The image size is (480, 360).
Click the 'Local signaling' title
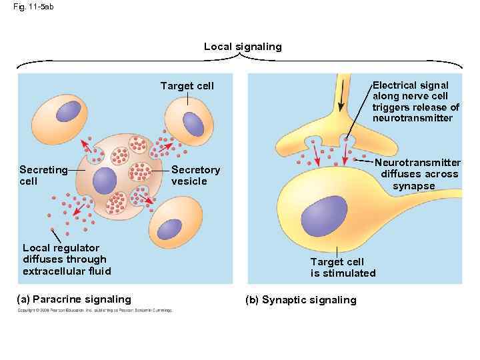pyautogui.click(x=243, y=47)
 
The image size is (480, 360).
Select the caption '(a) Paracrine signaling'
pyautogui.click(x=74, y=299)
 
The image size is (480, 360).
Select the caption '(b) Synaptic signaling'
pyautogui.click(x=301, y=300)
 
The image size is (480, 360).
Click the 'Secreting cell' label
pyautogui.click(x=43, y=175)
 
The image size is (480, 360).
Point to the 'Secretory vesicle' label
pyautogui.click(x=195, y=175)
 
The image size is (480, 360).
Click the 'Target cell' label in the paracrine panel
pyautogui.click(x=187, y=86)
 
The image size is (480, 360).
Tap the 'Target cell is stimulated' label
pyautogui.click(x=343, y=267)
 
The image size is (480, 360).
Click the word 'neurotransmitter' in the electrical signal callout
pyautogui.click(x=412, y=118)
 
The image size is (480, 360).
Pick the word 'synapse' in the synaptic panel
pyautogui.click(x=413, y=186)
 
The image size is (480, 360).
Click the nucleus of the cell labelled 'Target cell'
pyautogui.click(x=193, y=123)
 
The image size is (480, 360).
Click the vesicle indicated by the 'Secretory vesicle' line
pyautogui.click(x=140, y=171)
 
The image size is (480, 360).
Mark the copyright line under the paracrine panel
pyautogui.click(x=94, y=310)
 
